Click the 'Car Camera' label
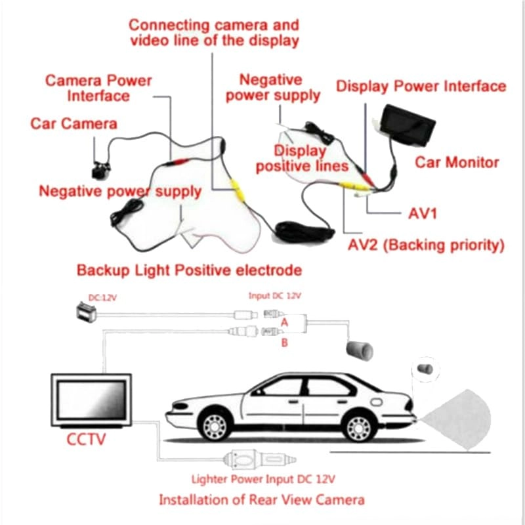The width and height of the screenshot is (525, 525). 73,124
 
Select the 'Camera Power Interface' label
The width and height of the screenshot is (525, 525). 98,88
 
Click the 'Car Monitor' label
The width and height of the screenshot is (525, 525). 457,162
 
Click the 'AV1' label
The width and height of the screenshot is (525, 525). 422,214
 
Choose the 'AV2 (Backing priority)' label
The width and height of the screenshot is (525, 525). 425,246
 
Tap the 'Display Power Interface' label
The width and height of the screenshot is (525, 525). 421,87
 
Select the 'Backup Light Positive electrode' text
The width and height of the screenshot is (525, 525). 189,270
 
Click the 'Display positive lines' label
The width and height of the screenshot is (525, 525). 301,159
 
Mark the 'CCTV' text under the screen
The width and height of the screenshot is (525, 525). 86,438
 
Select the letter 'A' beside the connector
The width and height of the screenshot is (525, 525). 284,322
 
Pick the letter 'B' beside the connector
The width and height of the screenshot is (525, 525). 284,342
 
